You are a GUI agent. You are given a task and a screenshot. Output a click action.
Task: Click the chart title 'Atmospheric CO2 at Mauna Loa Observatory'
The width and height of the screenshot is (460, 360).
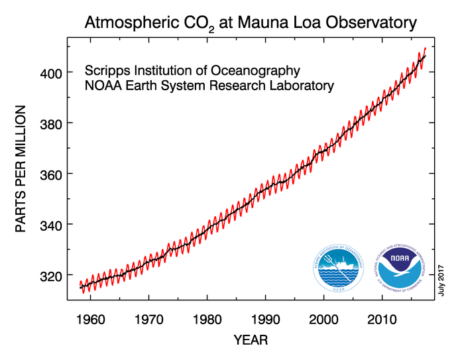click(250, 24)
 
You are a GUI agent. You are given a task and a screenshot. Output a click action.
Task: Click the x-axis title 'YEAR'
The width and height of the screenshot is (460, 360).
click(251, 340)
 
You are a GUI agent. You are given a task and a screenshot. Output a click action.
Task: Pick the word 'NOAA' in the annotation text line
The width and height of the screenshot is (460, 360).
click(103, 86)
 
